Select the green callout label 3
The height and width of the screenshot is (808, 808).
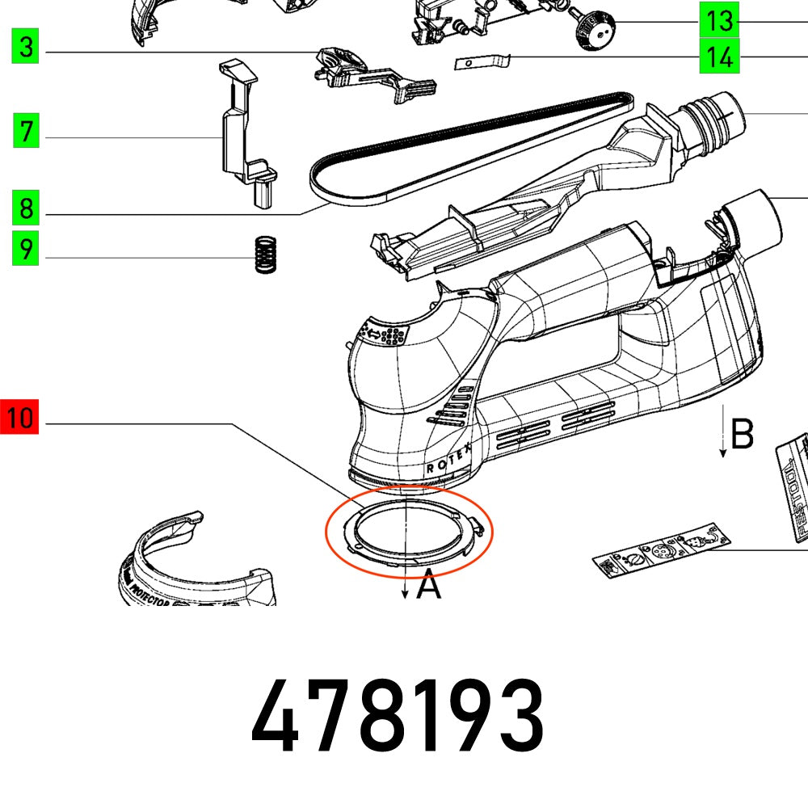point(27,47)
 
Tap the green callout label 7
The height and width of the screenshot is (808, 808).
point(27,130)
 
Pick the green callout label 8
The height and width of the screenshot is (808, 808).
point(27,209)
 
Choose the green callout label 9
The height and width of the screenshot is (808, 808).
point(27,248)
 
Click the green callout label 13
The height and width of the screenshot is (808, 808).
point(718,20)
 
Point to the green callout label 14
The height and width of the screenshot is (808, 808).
point(718,57)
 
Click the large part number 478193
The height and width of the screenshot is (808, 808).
point(398,718)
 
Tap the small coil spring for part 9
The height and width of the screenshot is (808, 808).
point(263,254)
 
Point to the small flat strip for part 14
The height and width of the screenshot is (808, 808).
point(482,61)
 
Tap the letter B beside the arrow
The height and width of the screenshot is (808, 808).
point(742,434)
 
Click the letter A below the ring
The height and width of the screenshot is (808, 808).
point(429,584)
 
